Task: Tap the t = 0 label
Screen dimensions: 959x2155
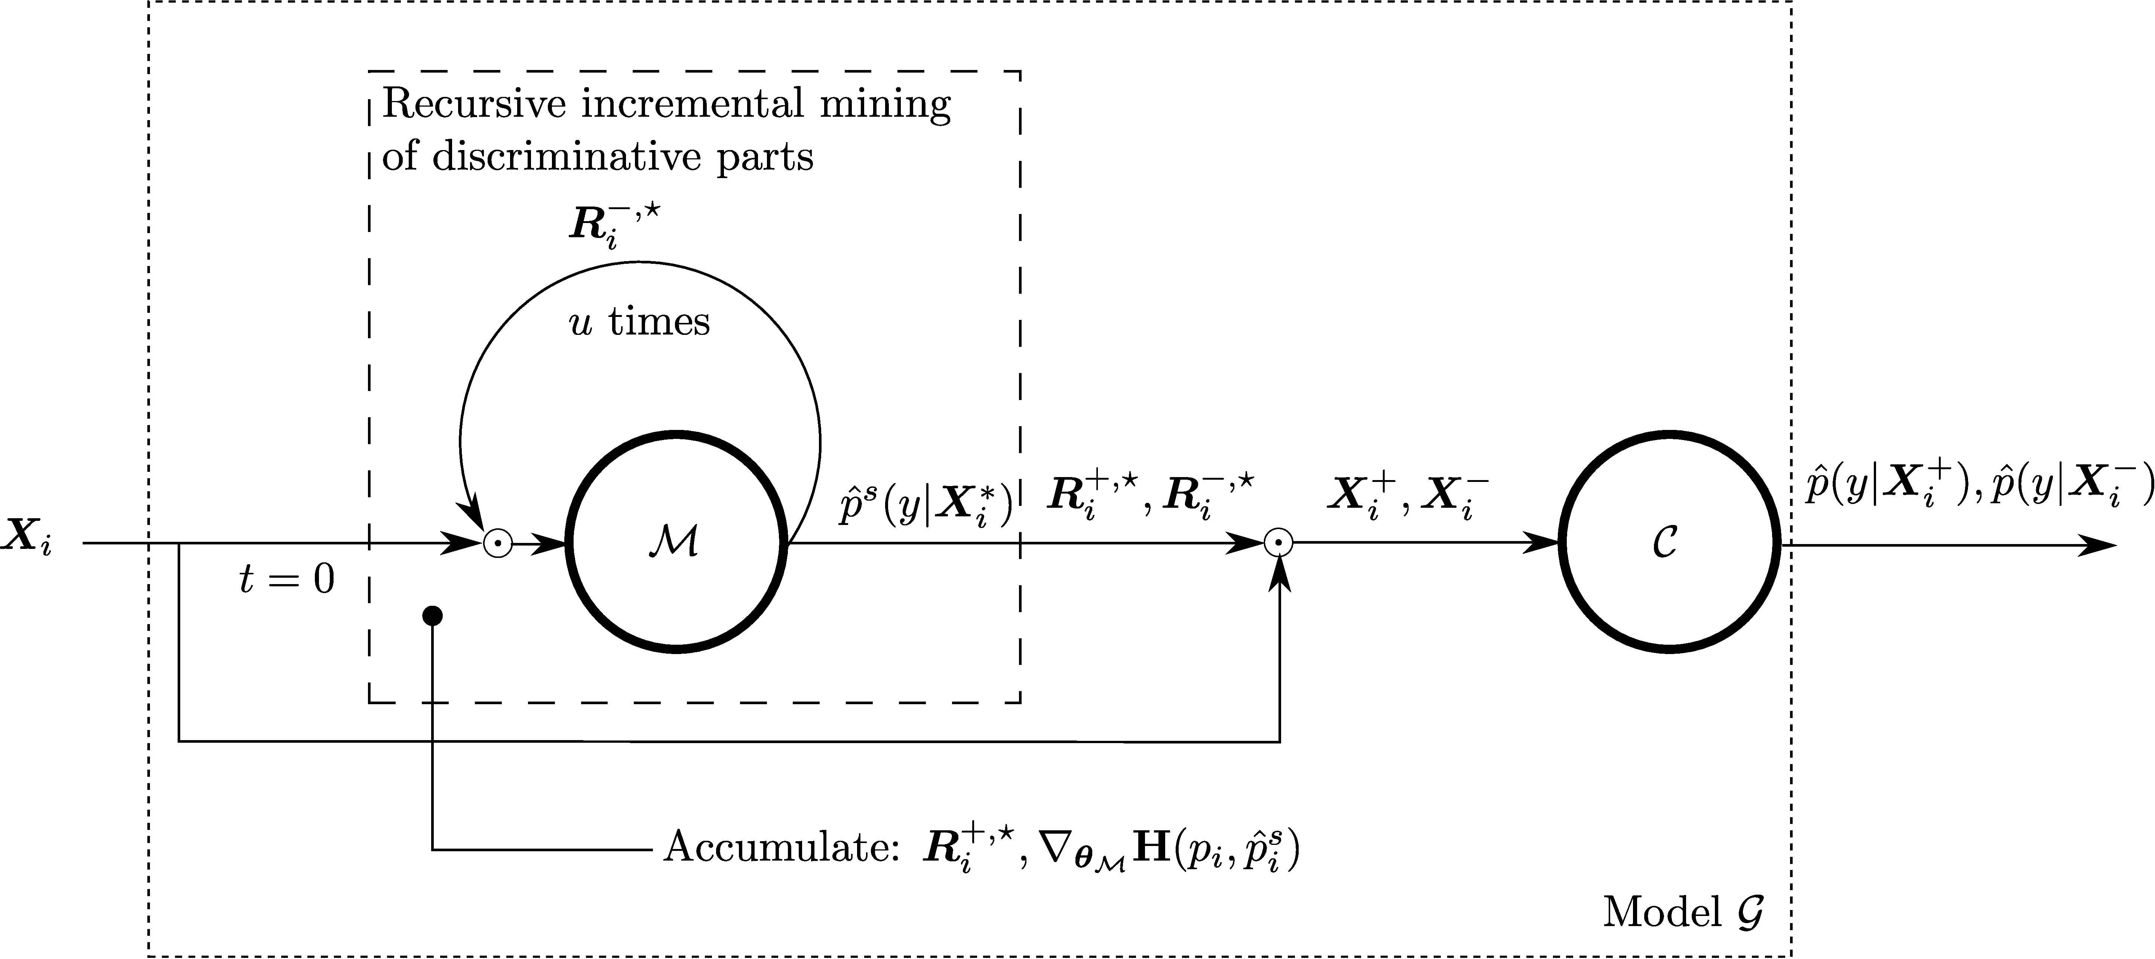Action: tap(287, 579)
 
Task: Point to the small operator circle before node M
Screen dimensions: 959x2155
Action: tap(498, 544)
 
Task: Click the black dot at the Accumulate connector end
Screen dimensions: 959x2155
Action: tap(433, 616)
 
